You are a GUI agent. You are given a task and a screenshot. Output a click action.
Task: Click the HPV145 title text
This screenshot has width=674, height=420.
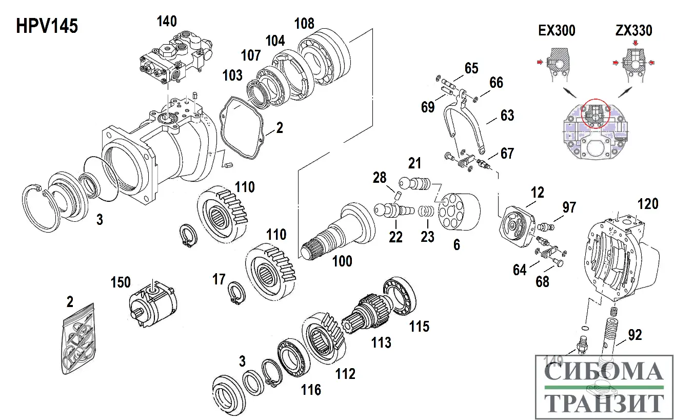tap(47, 26)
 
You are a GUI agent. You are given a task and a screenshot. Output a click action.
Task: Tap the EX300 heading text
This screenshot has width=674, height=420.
tap(557, 31)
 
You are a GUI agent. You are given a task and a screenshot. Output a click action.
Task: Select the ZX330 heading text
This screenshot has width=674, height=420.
tap(633, 31)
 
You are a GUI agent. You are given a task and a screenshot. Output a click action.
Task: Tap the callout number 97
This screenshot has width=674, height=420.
tap(569, 208)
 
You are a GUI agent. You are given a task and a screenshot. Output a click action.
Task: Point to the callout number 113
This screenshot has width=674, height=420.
tap(381, 342)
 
